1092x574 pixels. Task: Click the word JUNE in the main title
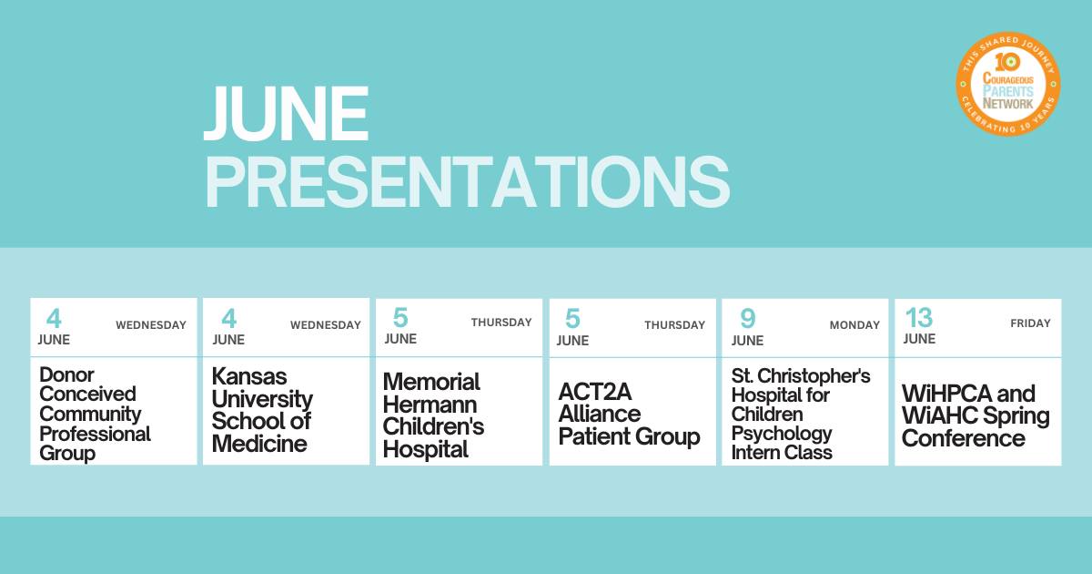click(x=286, y=114)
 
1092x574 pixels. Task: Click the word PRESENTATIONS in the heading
click(x=468, y=182)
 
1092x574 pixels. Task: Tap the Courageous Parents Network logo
click(x=1007, y=84)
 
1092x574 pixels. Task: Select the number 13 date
click(x=919, y=318)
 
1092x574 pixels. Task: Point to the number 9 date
click(x=747, y=319)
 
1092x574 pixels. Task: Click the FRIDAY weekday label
click(x=1030, y=323)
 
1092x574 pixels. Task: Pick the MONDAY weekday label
click(x=854, y=325)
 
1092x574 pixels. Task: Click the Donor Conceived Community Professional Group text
click(x=95, y=414)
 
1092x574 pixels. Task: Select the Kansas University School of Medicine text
click(x=262, y=411)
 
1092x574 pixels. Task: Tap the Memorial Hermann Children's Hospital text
click(x=433, y=415)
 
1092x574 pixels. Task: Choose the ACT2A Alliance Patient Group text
click(x=629, y=415)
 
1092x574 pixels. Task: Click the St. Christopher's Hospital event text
click(x=801, y=414)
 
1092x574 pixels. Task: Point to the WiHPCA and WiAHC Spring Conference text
click(x=976, y=415)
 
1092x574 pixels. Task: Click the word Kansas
click(x=249, y=376)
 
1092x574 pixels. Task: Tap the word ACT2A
click(x=595, y=392)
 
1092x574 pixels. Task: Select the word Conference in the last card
click(x=964, y=438)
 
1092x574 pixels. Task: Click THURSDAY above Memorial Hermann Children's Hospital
click(x=501, y=323)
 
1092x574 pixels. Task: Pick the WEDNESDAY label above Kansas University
click(x=326, y=325)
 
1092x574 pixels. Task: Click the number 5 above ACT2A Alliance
click(x=572, y=319)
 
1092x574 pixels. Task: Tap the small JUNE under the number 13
click(x=919, y=339)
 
